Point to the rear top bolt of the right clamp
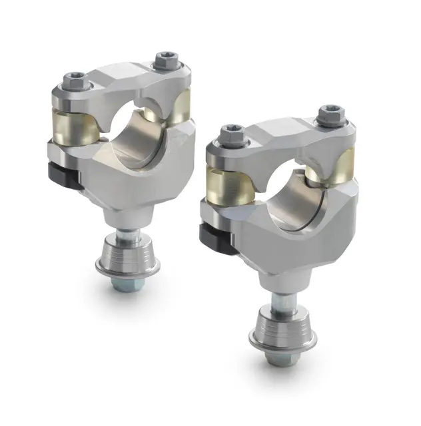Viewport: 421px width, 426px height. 329,114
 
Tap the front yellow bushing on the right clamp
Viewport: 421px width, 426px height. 229,183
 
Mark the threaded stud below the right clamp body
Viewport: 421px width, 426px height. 280,303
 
